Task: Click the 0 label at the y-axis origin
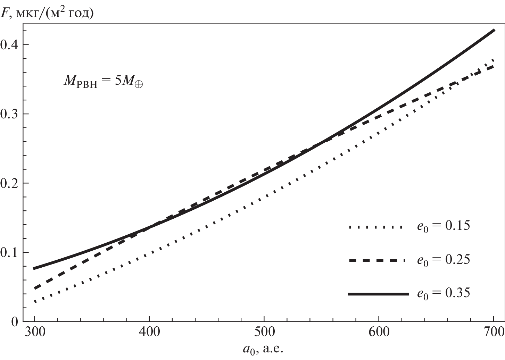point(15,321)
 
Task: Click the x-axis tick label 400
point(149,332)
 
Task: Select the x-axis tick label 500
point(264,332)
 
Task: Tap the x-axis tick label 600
point(379,332)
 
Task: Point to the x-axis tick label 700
point(493,332)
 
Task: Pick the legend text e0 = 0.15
point(444,226)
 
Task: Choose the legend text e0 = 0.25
point(444,260)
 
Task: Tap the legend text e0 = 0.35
point(444,293)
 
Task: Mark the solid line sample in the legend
point(378,294)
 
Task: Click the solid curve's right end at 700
point(494,30)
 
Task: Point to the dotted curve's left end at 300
point(35,302)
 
